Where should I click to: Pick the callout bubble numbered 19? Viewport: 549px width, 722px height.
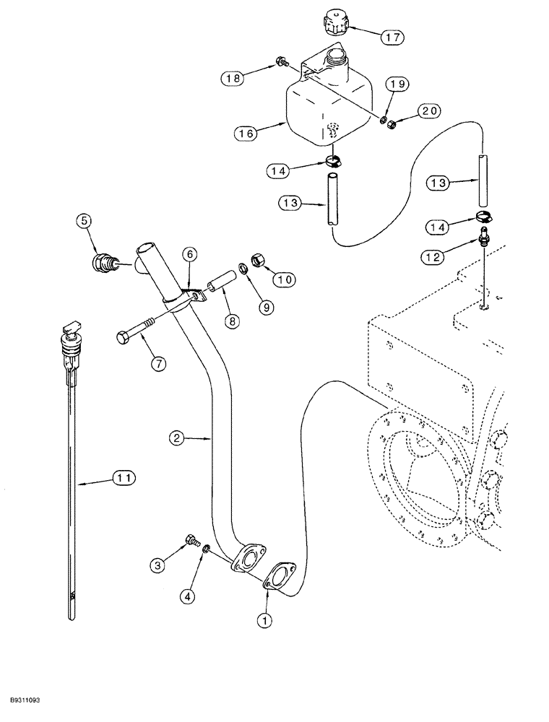399,84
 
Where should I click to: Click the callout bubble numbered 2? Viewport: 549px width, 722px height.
180,437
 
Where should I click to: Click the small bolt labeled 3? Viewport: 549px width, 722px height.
192,539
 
